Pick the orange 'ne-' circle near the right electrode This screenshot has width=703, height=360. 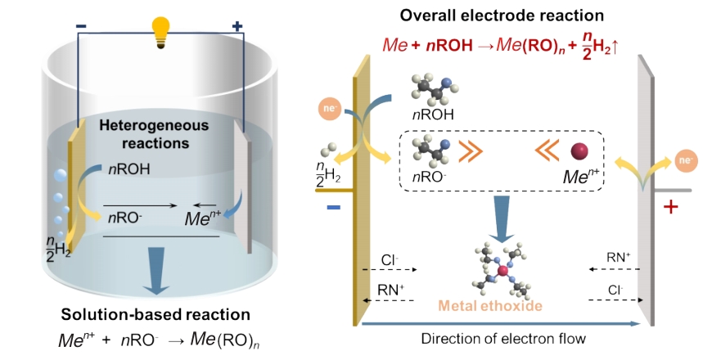click(683, 163)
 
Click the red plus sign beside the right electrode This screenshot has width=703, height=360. click(672, 207)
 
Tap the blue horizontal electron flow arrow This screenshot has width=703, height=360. click(502, 323)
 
